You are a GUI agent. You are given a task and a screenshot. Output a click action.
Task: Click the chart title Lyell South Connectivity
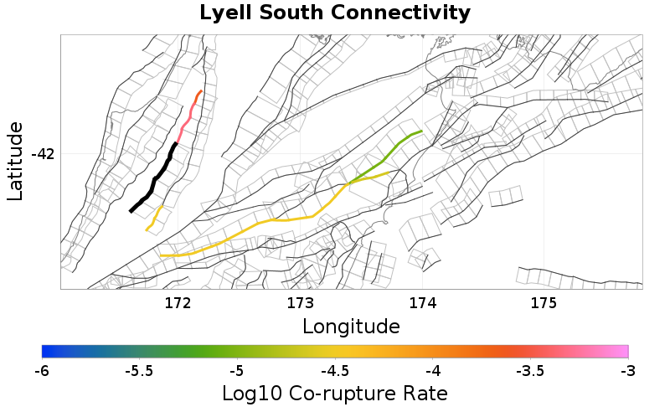coord(335,13)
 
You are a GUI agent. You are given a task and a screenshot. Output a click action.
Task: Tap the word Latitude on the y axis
coord(15,161)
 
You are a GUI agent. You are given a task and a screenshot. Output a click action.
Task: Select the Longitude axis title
coord(350,325)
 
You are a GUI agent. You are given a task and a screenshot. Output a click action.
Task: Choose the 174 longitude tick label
coord(422,302)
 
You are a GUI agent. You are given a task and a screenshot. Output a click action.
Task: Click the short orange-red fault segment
coord(198,95)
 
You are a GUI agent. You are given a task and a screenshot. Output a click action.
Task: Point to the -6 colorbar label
coord(42,370)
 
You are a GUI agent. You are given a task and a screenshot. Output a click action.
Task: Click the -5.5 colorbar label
coord(139,370)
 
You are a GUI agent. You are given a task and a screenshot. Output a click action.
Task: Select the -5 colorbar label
coord(237,370)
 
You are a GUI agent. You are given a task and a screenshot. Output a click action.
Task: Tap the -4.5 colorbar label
coord(335,370)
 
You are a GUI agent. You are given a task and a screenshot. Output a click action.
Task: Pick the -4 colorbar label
coord(432,370)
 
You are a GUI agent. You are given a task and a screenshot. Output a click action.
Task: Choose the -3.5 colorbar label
coord(530,370)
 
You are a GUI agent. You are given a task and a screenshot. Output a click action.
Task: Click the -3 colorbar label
coord(627,370)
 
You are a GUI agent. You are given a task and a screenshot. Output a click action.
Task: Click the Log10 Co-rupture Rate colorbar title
coord(335,393)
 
